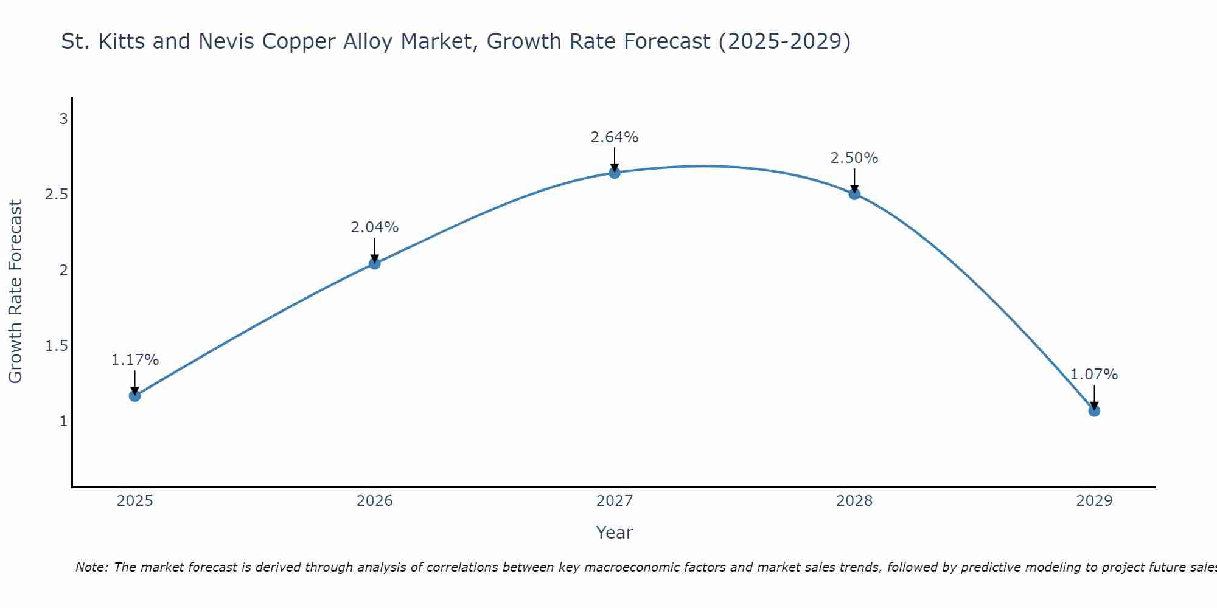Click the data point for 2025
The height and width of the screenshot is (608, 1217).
[x=134, y=396]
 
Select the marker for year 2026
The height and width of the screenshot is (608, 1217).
[x=374, y=263]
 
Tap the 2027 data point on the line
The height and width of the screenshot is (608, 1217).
[x=615, y=173]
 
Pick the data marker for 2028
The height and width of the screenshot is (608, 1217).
[x=854, y=194]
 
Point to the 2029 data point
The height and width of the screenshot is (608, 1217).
[x=1094, y=410]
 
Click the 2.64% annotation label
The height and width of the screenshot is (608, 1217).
[x=615, y=137]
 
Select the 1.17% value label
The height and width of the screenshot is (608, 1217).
[x=134, y=360]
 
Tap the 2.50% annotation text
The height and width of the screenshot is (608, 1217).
[x=854, y=158]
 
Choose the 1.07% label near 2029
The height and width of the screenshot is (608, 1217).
[x=1094, y=375]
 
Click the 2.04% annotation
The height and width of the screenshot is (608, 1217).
[x=374, y=227]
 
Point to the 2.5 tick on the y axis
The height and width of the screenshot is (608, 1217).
[x=56, y=195]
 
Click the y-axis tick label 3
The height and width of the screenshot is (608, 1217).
[x=63, y=119]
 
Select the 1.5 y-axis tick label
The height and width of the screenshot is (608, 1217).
[x=56, y=346]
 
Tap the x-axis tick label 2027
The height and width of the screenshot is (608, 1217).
[x=615, y=501]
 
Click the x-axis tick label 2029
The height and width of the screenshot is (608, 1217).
[x=1094, y=501]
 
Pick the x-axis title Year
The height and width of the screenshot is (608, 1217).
[x=615, y=533]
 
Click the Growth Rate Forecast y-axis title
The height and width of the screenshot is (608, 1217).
[x=15, y=292]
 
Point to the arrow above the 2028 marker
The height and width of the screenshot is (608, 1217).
[x=854, y=180]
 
